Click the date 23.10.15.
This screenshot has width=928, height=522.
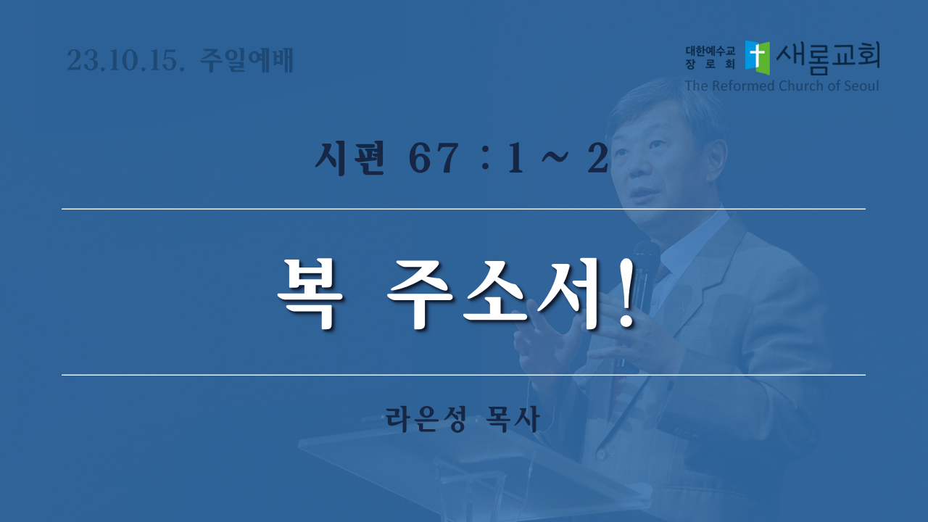(x=125, y=60)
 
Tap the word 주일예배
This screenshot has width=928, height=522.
(x=247, y=60)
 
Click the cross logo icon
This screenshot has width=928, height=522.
(x=758, y=57)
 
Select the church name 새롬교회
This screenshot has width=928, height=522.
(x=828, y=58)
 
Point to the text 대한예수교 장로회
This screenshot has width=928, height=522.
(x=710, y=57)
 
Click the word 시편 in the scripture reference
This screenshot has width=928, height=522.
(x=350, y=158)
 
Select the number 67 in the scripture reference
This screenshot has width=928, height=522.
(x=434, y=158)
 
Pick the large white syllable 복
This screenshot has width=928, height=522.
(x=310, y=294)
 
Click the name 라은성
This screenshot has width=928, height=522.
(x=426, y=419)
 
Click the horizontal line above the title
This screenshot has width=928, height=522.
(x=463, y=210)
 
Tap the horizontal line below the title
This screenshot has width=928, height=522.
(x=463, y=375)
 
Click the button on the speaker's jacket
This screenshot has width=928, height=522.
(x=602, y=455)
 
